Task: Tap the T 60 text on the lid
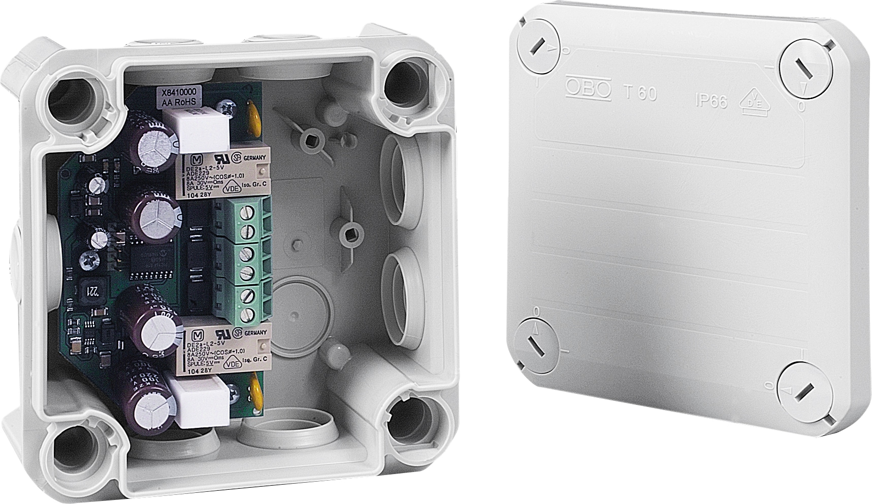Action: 639,93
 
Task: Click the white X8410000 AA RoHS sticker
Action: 181,96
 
